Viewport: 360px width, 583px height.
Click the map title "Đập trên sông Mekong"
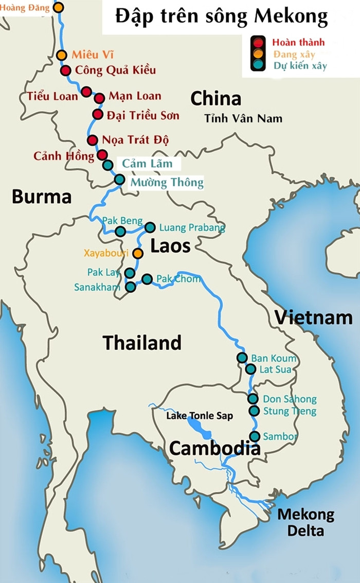tap(221, 17)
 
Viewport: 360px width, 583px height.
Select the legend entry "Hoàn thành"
tap(298, 42)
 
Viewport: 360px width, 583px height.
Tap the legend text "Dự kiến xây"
tap(300, 66)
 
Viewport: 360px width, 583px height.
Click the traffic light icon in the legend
tap(258, 54)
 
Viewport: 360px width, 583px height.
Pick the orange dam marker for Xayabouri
tap(138, 253)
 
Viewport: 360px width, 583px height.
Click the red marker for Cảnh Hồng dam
tap(102, 155)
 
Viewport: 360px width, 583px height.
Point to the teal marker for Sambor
tap(255, 436)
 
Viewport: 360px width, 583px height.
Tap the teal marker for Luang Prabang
tap(150, 227)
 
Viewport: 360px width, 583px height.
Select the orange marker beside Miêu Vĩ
tap(62, 55)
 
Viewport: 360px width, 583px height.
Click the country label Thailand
tap(142, 343)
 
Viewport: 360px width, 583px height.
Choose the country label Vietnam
tap(313, 317)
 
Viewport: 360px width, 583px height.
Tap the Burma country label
tap(42, 197)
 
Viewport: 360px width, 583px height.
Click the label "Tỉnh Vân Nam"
tap(243, 118)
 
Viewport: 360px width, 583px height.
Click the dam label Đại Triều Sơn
tap(143, 115)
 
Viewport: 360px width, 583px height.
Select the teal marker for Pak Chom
tap(147, 279)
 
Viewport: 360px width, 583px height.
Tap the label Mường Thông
tap(167, 182)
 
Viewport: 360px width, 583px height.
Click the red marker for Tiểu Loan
tap(86, 92)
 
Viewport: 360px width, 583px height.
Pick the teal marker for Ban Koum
tap(242, 358)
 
